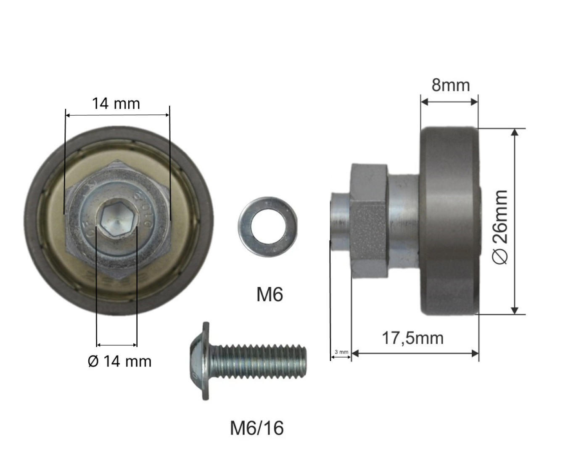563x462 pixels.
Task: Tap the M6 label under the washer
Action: [270, 295]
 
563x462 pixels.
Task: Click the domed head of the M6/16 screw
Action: [199, 361]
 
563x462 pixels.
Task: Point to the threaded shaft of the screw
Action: [257, 361]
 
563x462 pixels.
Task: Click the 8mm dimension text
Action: [451, 85]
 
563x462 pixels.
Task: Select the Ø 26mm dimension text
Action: [500, 227]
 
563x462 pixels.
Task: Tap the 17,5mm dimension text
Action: [413, 338]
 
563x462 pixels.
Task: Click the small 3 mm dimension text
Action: [341, 352]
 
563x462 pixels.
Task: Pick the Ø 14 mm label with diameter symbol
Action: [119, 361]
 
